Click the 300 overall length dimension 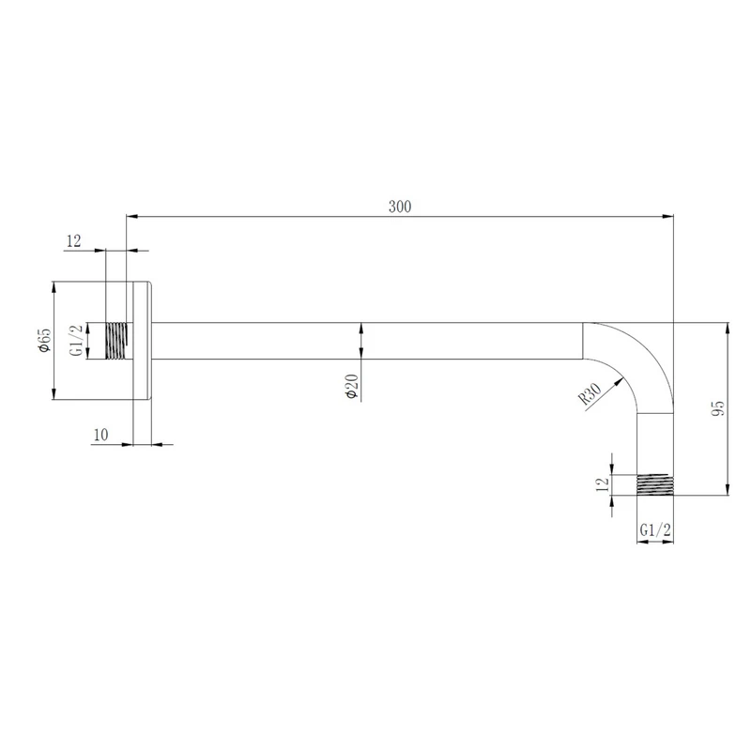[x=400, y=207]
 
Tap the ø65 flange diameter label [x=44, y=340]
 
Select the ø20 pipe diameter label [x=351, y=386]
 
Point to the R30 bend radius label [x=590, y=393]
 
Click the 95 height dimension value [x=718, y=408]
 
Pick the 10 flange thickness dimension [x=101, y=435]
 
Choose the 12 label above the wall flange [x=74, y=241]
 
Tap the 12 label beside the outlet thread [x=603, y=483]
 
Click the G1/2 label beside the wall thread [x=76, y=341]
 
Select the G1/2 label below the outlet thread [x=655, y=530]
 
